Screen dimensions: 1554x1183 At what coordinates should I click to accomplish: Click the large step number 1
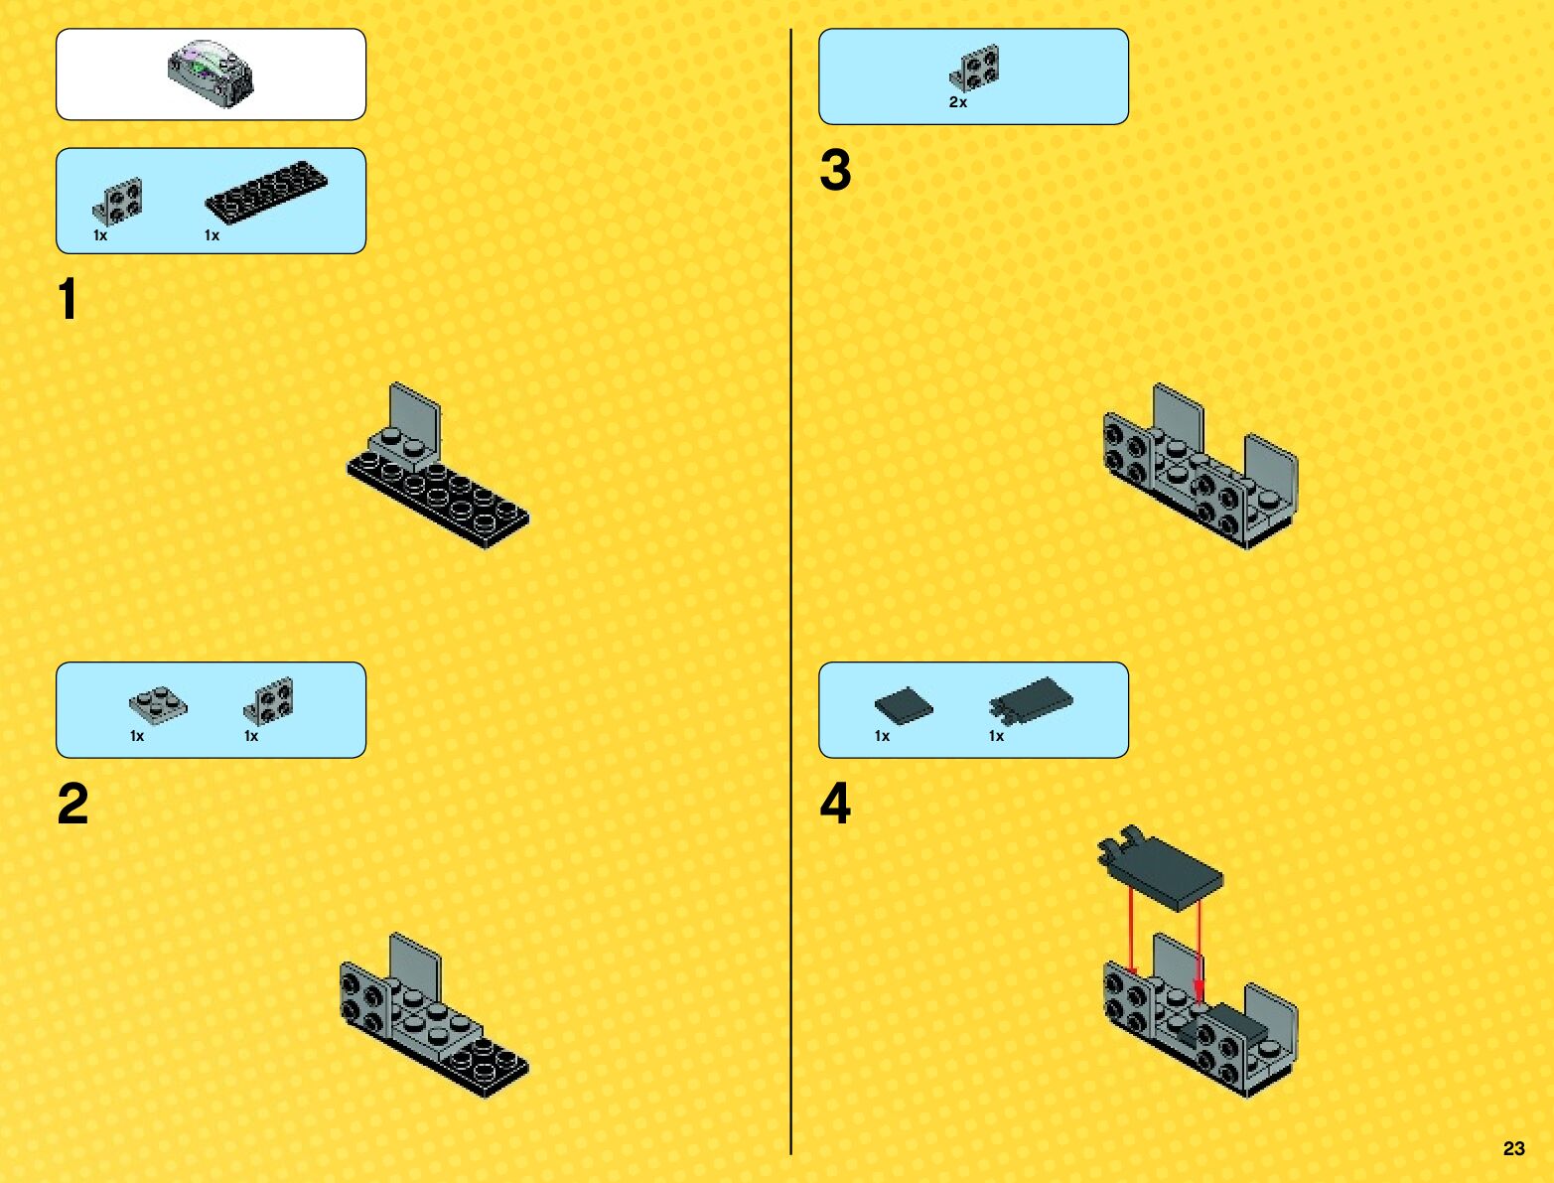coord(68,299)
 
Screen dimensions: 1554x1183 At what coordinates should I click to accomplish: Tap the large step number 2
coord(72,804)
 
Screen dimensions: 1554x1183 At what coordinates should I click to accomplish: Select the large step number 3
coord(835,171)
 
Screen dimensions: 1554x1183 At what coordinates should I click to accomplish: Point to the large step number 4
coord(835,804)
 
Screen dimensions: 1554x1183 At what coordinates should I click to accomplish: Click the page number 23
coord(1513,1149)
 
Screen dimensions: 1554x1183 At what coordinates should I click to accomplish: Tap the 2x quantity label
coord(958,102)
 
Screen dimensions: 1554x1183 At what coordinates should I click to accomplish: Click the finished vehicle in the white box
coord(211,74)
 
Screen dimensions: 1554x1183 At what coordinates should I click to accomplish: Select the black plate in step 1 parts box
coord(266,191)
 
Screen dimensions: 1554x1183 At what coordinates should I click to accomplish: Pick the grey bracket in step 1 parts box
coord(117,202)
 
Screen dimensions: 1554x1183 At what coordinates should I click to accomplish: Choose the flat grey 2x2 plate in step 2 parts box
coord(158,704)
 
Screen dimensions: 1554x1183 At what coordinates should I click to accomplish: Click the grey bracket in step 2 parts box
coord(268,701)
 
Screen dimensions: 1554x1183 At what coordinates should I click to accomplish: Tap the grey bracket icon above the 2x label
coord(975,68)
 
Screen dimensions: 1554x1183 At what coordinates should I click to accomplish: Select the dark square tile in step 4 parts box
coord(904,705)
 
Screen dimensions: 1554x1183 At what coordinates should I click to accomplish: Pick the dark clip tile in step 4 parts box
coord(1031,701)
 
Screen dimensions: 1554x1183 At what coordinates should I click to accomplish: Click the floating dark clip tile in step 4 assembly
coord(1160,868)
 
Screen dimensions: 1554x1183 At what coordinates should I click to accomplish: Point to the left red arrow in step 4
coord(1131,934)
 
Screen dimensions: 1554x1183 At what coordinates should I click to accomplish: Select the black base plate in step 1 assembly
coord(438,501)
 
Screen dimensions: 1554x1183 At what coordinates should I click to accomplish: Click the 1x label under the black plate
coord(212,235)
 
